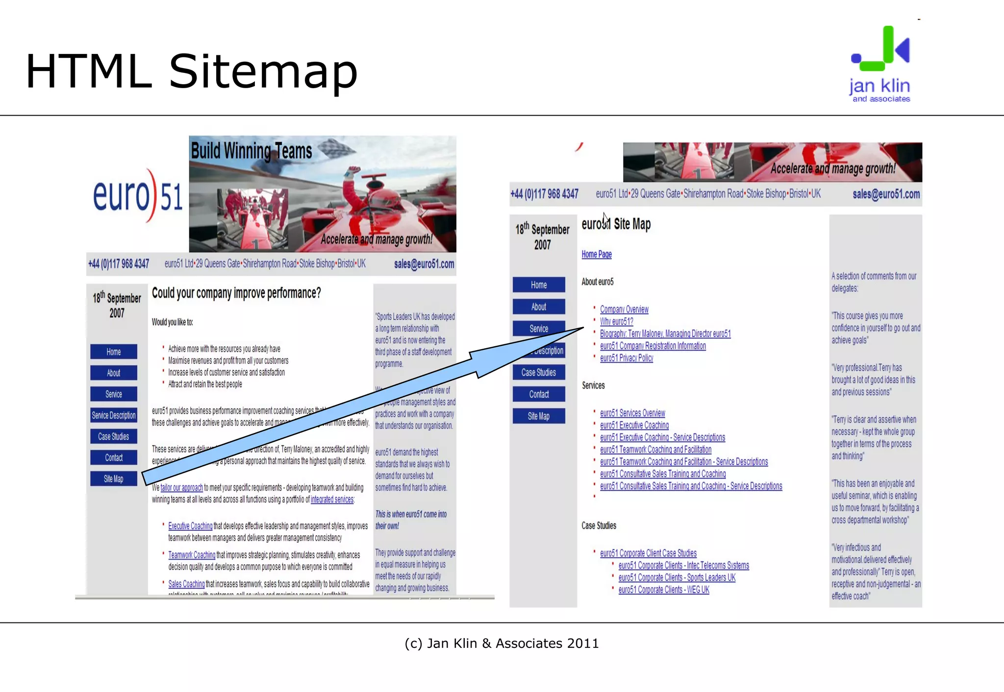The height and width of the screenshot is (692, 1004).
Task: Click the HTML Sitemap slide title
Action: click(x=191, y=72)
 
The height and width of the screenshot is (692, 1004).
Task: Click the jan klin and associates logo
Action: click(x=880, y=64)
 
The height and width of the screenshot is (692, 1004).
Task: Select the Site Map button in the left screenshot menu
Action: click(x=113, y=478)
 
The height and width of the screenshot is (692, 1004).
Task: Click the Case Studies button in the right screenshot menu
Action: click(x=538, y=372)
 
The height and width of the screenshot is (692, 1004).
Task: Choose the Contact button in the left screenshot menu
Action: click(x=113, y=457)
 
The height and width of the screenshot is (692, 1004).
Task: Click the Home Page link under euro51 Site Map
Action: click(x=596, y=254)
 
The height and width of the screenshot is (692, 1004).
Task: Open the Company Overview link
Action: click(x=624, y=310)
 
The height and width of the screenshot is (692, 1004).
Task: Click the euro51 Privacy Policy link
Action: click(x=626, y=358)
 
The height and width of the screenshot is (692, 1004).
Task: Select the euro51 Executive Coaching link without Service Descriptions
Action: click(x=634, y=425)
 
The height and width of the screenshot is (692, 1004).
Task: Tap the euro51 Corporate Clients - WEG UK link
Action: click(x=663, y=590)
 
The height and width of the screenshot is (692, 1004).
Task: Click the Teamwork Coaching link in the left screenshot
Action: click(x=192, y=555)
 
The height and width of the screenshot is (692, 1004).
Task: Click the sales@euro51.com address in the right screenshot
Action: click(x=886, y=194)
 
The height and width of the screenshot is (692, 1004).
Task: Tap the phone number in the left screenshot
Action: click(x=118, y=264)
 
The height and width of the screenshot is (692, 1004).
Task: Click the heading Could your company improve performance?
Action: click(x=236, y=293)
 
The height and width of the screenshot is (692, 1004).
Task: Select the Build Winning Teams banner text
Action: click(x=251, y=150)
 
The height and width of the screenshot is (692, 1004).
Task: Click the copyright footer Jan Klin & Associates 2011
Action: click(x=502, y=643)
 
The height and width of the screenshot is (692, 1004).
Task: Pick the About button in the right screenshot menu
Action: click(x=538, y=307)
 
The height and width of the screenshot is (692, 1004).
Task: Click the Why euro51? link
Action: click(x=616, y=322)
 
